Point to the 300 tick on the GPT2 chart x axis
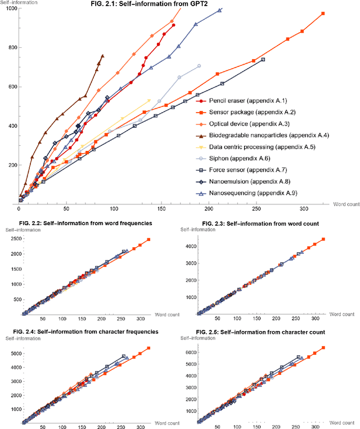(304, 209)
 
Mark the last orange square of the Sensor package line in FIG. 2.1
(323, 14)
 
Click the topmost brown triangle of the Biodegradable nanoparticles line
(102, 56)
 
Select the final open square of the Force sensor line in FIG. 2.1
(263, 60)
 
